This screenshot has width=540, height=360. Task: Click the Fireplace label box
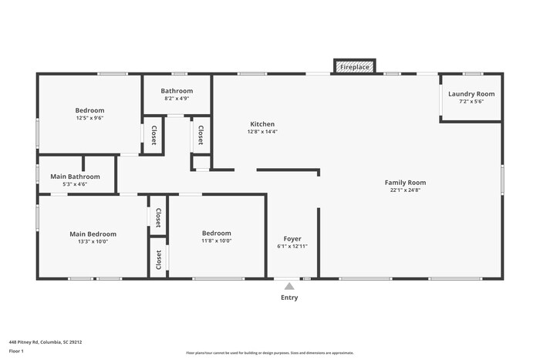pyautogui.click(x=355, y=68)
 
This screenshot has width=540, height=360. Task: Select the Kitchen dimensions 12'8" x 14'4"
pyautogui.click(x=262, y=132)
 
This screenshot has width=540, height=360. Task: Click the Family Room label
pyautogui.click(x=405, y=183)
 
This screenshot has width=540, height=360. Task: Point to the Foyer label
pyautogui.click(x=292, y=239)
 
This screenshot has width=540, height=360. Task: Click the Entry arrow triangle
pyautogui.click(x=289, y=286)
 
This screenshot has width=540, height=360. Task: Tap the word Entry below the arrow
pyautogui.click(x=289, y=298)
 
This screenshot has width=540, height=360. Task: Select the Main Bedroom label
pyautogui.click(x=93, y=234)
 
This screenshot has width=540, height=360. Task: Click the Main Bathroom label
pyautogui.click(x=74, y=177)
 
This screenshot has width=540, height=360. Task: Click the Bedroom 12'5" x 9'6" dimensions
pyautogui.click(x=89, y=118)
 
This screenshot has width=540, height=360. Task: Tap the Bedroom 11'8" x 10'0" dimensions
pyautogui.click(x=216, y=241)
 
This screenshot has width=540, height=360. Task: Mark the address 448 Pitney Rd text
pyautogui.click(x=46, y=341)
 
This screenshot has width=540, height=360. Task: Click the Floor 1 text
pyautogui.click(x=16, y=351)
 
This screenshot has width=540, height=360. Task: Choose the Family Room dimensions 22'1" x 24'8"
pyautogui.click(x=405, y=190)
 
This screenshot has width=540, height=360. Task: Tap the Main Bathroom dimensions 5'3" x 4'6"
pyautogui.click(x=74, y=184)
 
